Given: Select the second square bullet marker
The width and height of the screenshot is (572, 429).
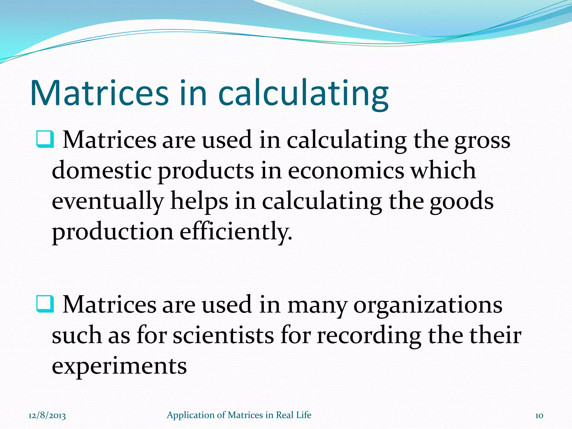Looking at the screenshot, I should click(x=45, y=304).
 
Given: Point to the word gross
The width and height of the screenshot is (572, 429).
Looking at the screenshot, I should click(x=482, y=141).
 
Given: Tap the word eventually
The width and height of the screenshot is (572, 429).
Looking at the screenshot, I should click(x=108, y=202).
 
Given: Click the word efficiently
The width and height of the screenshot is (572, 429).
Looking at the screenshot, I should click(x=236, y=232).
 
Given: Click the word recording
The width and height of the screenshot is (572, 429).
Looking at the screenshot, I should click(x=369, y=336).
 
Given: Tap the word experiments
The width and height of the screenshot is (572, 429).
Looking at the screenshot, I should click(x=119, y=366).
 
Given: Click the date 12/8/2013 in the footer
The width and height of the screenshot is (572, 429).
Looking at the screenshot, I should click(x=47, y=415).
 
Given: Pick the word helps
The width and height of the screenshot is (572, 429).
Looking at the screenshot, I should click(x=199, y=202).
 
